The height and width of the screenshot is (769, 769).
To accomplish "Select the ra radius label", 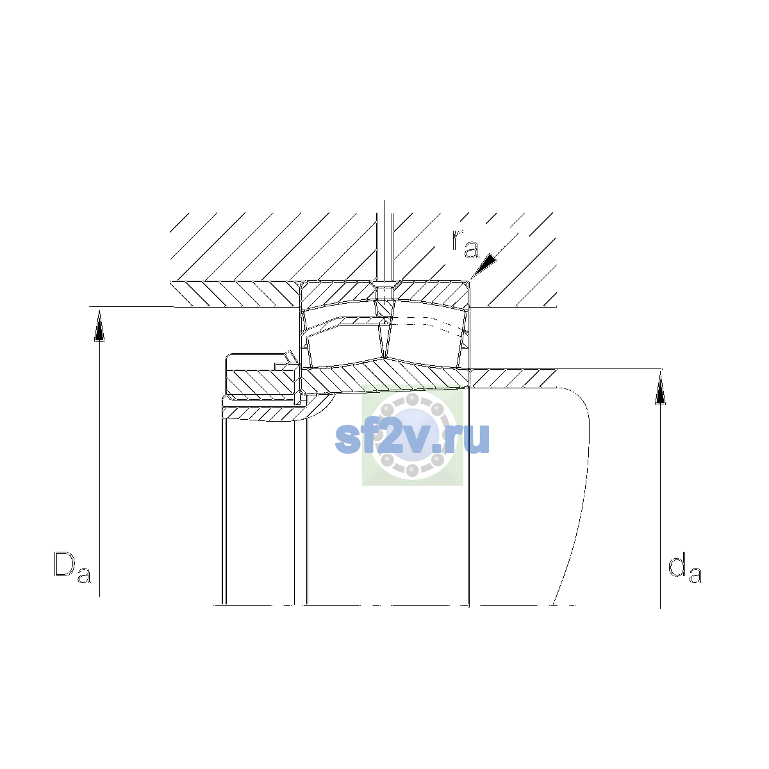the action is coord(465,244).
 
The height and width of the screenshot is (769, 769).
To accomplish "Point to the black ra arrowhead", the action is coord(484,265).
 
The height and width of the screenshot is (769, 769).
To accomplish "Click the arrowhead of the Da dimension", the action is coord(99,326).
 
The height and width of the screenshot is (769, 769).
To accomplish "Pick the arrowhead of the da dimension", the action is coord(661,388).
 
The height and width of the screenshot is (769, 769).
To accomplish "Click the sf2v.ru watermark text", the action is coord(412,438).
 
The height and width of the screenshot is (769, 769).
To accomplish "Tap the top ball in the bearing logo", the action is coord(412,399).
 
